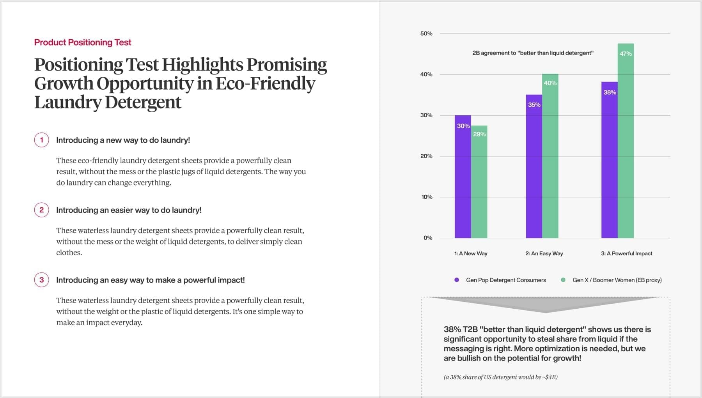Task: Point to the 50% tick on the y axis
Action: pyautogui.click(x=426, y=34)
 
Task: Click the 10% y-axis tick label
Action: pyautogui.click(x=427, y=197)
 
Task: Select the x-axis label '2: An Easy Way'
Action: pyautogui.click(x=544, y=253)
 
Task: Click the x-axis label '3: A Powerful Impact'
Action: pyautogui.click(x=626, y=253)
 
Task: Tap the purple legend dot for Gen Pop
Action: pyautogui.click(x=457, y=280)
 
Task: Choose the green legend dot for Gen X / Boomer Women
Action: pyautogui.click(x=563, y=280)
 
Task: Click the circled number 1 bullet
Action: pyautogui.click(x=42, y=140)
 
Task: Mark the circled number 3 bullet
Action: pyautogui.click(x=42, y=280)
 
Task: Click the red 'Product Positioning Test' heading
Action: pyautogui.click(x=83, y=42)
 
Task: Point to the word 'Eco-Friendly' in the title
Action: pyautogui.click(x=265, y=83)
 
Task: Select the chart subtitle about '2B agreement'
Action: pyautogui.click(x=533, y=53)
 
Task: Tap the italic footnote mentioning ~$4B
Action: pyautogui.click(x=500, y=377)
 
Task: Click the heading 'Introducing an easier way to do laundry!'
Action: pyautogui.click(x=129, y=210)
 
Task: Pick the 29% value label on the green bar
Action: pyautogui.click(x=479, y=134)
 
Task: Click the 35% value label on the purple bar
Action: pyautogui.click(x=534, y=105)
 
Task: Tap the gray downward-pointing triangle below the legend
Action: pyautogui.click(x=545, y=304)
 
